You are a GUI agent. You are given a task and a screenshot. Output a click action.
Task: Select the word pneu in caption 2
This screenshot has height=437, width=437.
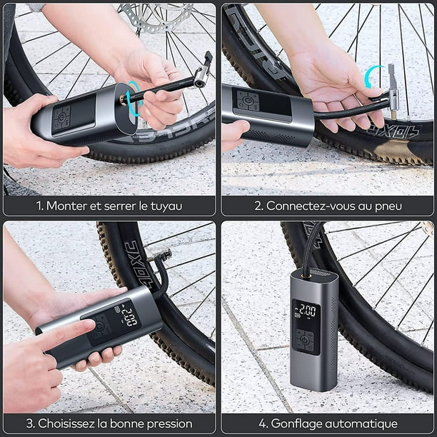(x=387, y=206)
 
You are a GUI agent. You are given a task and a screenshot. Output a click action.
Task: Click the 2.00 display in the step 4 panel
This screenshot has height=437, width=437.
(x=306, y=311)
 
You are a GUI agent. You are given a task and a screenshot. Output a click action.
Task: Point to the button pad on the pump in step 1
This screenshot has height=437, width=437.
(x=60, y=116)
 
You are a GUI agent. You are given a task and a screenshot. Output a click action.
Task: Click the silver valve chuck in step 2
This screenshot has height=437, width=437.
(x=392, y=89)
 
